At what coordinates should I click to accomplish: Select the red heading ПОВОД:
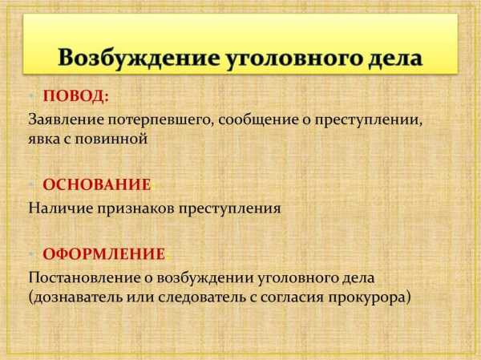76,96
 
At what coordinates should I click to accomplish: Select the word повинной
111,139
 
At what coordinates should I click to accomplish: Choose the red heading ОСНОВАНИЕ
97,184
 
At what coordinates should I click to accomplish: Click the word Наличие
61,208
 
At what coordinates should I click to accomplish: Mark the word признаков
136,209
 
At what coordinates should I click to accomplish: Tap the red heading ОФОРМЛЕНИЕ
104,254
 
